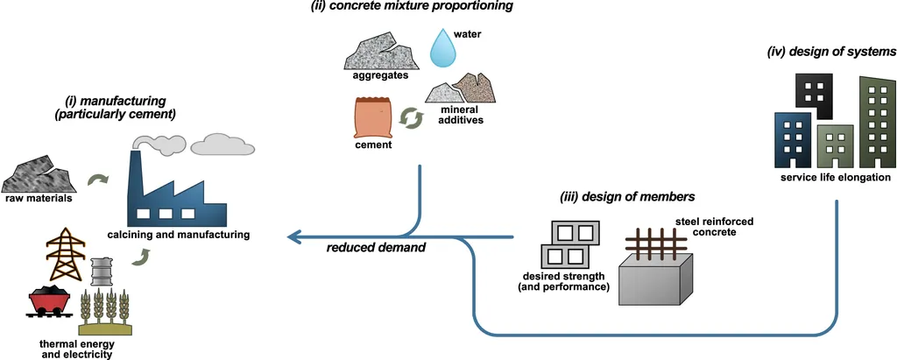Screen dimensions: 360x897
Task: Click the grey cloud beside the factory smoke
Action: tap(223, 144)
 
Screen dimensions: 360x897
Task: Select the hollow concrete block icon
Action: tap(570, 244)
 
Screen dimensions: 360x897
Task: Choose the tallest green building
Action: tap(877, 122)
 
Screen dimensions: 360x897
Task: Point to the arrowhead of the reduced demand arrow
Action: tap(295, 236)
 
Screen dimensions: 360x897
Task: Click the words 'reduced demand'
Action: tap(376, 249)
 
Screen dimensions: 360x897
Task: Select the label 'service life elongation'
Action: tap(836, 178)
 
